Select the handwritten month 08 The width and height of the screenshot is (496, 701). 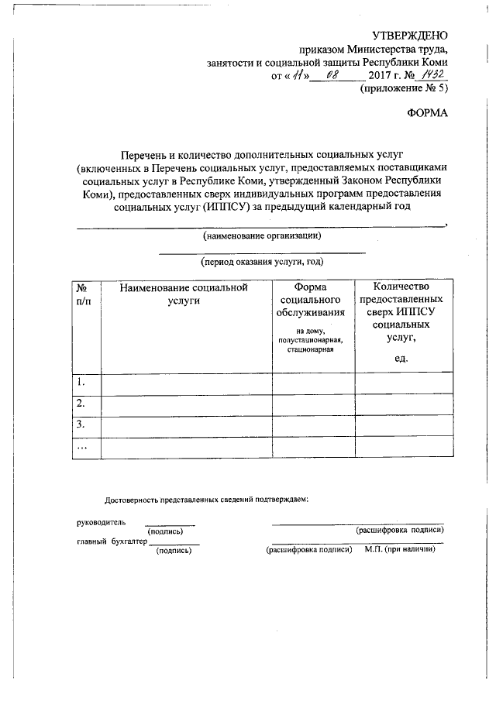coord(333,76)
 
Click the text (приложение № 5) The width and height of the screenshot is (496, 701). coord(403,88)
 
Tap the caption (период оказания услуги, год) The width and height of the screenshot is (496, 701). coord(261,263)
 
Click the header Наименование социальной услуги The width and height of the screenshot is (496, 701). coord(183,294)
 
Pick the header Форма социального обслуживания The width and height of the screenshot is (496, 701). coord(310,301)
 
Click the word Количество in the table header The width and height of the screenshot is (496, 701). coord(401,287)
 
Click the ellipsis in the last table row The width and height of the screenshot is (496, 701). coord(81,447)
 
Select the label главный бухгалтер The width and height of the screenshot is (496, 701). coord(112,542)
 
